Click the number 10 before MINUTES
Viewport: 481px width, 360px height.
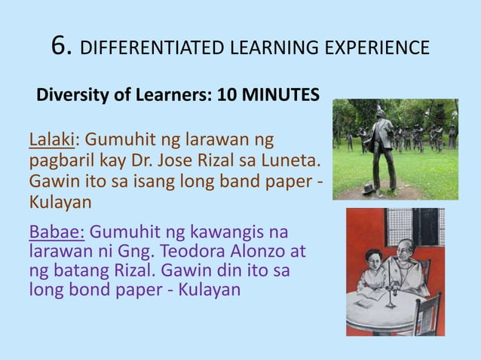[x=225, y=96]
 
